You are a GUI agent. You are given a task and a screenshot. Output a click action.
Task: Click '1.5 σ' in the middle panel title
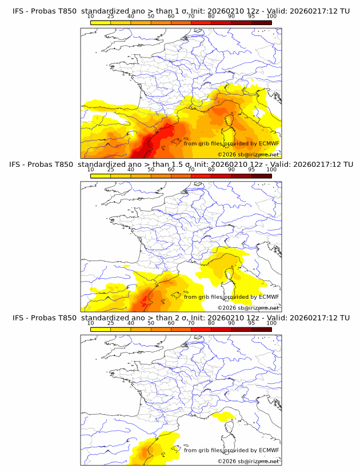181,165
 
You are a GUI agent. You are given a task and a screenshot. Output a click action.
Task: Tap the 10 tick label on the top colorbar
91,17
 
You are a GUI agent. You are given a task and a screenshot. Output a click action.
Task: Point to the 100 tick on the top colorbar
271,17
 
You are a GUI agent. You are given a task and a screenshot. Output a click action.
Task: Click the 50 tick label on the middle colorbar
151,170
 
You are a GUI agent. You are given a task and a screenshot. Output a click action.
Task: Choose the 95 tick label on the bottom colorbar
251,323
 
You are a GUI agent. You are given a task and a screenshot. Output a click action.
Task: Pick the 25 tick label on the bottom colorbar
111,323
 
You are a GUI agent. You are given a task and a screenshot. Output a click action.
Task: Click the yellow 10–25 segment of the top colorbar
101,23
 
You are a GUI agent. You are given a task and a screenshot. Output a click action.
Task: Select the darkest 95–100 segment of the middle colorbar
262,176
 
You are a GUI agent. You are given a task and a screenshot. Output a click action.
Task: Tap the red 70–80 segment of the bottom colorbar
201,329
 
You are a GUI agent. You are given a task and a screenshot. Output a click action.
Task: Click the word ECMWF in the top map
269,143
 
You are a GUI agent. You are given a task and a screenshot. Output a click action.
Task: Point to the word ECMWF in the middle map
269,296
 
